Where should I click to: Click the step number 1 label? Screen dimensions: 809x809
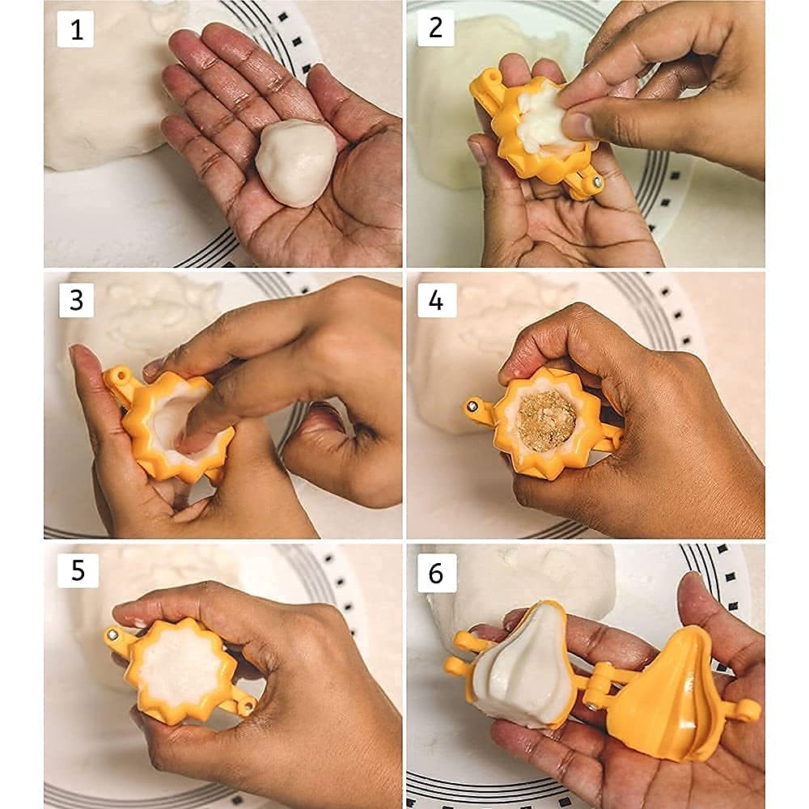[75, 29]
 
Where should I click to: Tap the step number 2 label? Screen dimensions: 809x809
[435, 27]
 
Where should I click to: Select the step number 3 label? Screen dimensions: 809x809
[76, 300]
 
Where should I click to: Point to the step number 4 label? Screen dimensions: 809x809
[437, 300]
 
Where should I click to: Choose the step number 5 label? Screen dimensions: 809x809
[78, 570]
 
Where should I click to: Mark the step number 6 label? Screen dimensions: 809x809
[437, 573]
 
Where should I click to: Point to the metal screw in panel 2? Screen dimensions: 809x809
[596, 181]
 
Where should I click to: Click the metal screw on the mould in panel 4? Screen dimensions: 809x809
[472, 407]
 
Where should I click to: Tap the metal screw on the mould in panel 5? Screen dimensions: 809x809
[112, 633]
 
